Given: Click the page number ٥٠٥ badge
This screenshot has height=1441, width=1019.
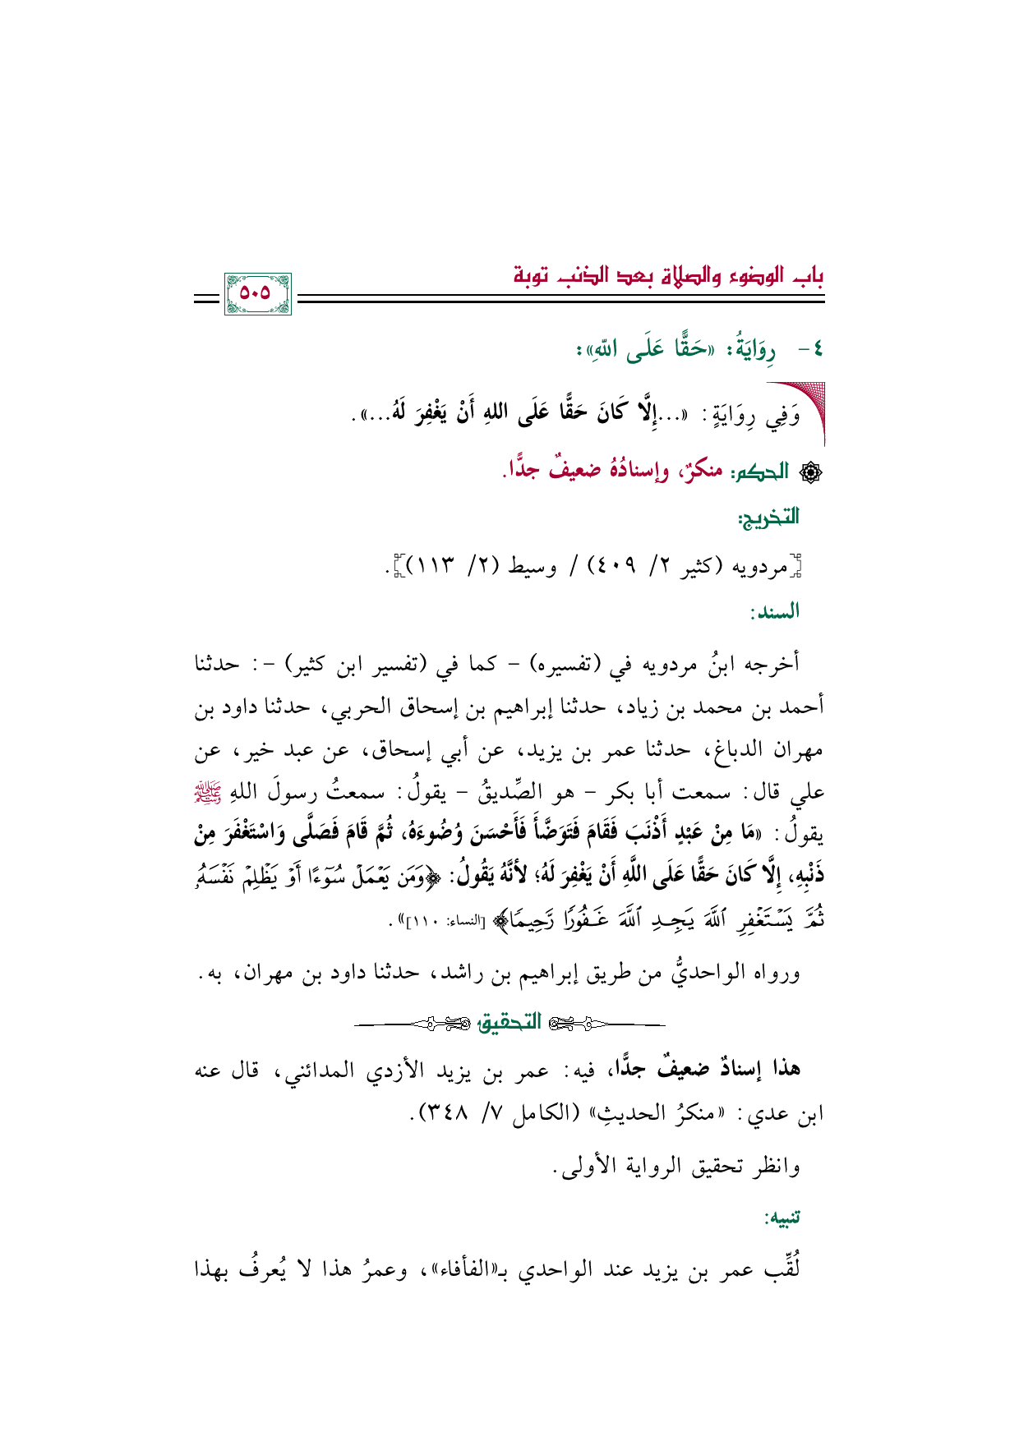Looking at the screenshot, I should [256, 293].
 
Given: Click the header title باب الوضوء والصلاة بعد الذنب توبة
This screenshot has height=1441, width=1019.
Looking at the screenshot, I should [668, 275].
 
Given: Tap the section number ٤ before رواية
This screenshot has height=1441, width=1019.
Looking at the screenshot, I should [814, 349].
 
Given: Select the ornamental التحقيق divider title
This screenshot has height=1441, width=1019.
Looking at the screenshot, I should [510, 1023].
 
